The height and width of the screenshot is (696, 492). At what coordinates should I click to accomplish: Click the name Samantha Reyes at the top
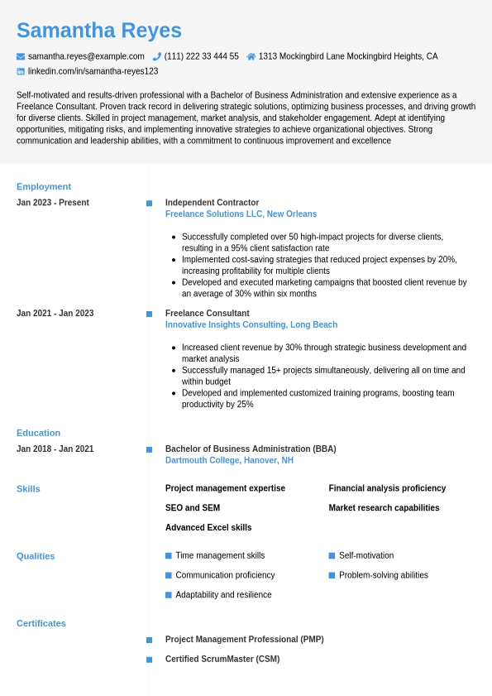tap(99, 31)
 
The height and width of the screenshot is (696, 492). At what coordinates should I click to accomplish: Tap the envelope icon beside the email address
tap(21, 56)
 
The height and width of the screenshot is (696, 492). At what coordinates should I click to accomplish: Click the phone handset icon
tap(157, 56)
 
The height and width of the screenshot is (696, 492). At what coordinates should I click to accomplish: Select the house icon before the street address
tap(251, 56)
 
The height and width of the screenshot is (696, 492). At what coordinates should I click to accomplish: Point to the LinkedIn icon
tap(21, 71)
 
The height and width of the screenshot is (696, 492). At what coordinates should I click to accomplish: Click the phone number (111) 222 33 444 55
tap(201, 56)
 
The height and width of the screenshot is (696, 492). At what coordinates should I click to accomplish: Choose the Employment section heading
tap(44, 186)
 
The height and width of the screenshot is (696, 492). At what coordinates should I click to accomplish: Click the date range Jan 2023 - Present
tap(53, 203)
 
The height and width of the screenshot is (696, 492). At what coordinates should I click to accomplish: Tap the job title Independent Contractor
tap(212, 203)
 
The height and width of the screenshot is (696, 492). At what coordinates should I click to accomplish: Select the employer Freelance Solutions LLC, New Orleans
tap(241, 214)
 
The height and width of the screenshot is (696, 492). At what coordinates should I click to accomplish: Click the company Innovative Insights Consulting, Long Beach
tap(251, 325)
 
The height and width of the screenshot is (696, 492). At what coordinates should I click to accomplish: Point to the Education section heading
tap(38, 433)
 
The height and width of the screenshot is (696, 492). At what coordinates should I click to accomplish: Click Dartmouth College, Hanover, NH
tap(229, 460)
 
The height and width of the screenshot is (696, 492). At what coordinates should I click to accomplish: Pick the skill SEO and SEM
tap(193, 508)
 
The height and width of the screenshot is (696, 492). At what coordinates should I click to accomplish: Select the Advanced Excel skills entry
tap(208, 528)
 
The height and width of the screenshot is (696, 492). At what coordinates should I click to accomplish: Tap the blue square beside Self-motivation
tap(332, 556)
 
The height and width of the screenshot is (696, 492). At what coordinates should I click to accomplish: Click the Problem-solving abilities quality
tap(384, 575)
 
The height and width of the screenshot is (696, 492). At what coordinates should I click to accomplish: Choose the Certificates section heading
tap(41, 623)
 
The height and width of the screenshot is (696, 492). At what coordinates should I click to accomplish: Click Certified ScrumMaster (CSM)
tap(222, 660)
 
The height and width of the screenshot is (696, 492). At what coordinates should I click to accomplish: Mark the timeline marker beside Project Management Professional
tap(149, 640)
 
